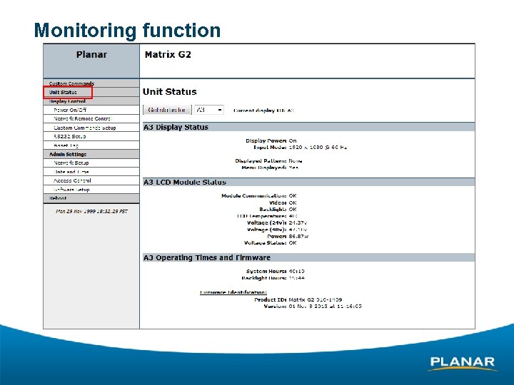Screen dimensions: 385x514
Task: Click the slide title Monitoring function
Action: click(127, 31)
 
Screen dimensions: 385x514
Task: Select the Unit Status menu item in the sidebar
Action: click(64, 92)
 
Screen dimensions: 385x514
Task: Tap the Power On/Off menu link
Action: click(70, 110)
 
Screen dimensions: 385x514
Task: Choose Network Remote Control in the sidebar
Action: click(82, 118)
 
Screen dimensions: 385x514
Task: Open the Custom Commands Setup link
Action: click(84, 128)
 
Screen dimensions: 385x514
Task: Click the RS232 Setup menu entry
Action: click(69, 136)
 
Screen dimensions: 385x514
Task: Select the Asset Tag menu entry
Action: click(66, 145)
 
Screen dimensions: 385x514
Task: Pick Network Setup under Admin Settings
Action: click(71, 163)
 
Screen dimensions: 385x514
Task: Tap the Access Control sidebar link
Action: click(72, 180)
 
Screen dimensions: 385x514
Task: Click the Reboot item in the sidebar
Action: click(58, 198)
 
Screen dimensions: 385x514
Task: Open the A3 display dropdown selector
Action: click(209, 110)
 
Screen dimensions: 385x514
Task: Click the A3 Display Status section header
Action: click(176, 127)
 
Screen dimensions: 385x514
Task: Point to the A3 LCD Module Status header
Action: click(185, 183)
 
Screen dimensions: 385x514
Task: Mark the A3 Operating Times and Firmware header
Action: click(207, 257)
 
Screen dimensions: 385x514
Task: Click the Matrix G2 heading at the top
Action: click(168, 55)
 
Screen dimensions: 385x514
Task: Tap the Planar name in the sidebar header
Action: click(91, 54)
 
